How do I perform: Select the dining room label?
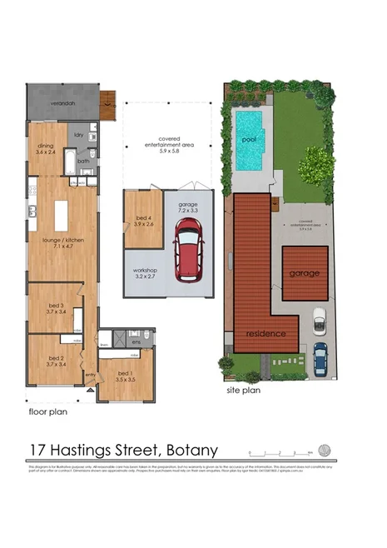click(x=46, y=148)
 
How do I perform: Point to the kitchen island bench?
click(x=61, y=217)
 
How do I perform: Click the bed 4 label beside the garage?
click(x=142, y=221)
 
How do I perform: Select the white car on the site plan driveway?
click(x=319, y=320)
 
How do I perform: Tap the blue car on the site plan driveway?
click(x=320, y=359)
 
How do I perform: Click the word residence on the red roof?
click(x=265, y=334)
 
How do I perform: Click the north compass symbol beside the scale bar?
click(x=324, y=451)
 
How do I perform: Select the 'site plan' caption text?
click(x=245, y=389)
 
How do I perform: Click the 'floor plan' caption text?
click(x=47, y=411)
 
